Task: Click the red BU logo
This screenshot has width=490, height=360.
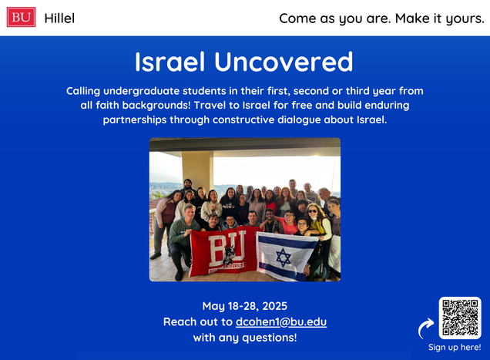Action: [22, 17]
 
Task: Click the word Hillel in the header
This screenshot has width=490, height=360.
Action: [59, 19]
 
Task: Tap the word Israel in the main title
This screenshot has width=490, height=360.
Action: [169, 62]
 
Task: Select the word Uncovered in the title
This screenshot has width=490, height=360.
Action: [284, 62]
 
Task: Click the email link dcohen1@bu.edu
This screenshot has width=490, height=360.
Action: [281, 322]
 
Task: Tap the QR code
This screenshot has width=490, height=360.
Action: [460, 318]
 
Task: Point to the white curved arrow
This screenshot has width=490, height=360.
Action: [425, 328]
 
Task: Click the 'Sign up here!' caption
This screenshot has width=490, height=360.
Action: [455, 347]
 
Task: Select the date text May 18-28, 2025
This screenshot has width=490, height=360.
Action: [245, 306]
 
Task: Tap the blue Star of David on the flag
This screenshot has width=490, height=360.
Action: [284, 257]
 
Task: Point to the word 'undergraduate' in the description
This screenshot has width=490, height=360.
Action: [143, 91]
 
